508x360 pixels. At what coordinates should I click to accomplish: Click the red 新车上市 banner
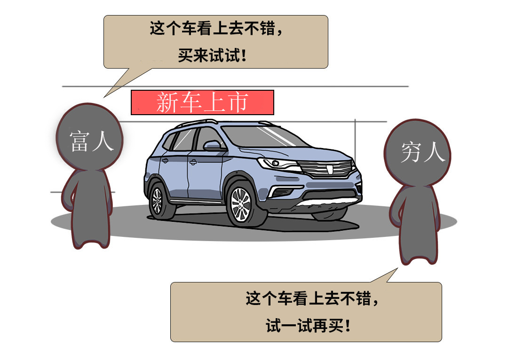(202, 102)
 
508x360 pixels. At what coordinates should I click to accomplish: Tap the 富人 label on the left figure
(92, 141)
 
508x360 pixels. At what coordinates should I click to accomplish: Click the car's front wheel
(241, 204)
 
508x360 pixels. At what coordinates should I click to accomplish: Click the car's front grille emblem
(330, 169)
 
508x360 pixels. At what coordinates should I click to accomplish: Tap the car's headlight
(278, 164)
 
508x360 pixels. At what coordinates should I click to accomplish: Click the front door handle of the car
(193, 162)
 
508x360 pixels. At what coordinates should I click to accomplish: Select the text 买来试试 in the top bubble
(209, 55)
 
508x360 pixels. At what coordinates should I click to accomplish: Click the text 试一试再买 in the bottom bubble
(304, 325)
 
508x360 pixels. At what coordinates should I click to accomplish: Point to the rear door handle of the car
(165, 160)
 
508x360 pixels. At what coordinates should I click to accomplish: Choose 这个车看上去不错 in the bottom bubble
(308, 298)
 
